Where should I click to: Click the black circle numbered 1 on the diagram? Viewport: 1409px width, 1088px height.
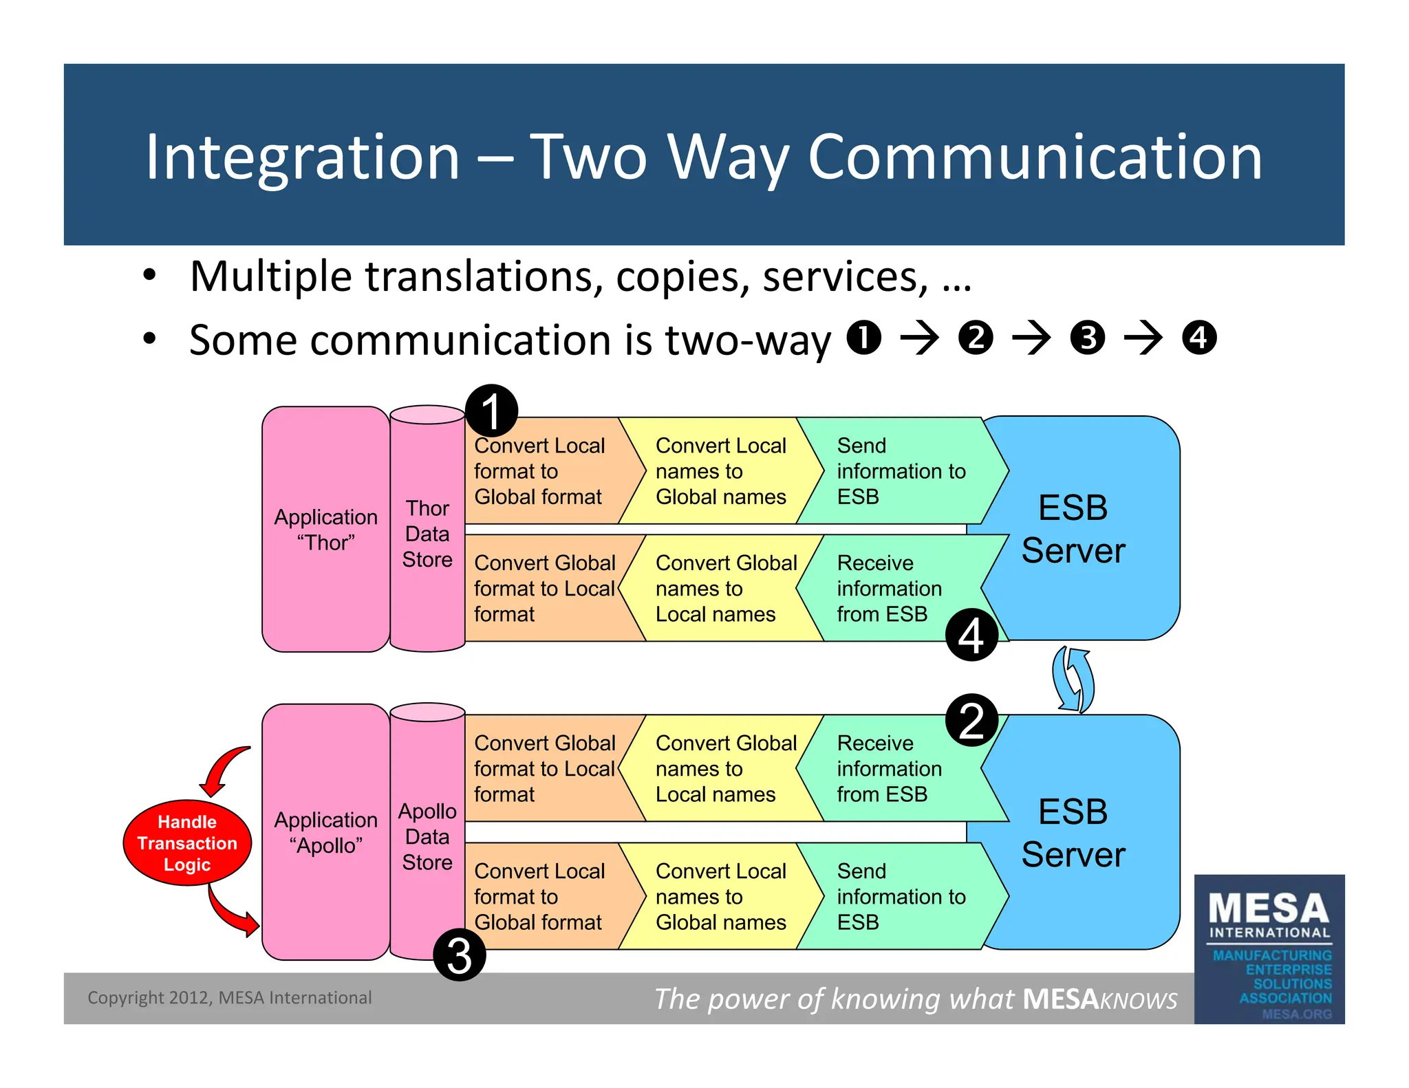click(491, 411)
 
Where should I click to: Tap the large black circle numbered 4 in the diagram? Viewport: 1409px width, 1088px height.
click(971, 635)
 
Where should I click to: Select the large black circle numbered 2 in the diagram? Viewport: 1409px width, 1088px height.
click(971, 720)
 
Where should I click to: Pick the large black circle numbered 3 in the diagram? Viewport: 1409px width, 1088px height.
click(460, 955)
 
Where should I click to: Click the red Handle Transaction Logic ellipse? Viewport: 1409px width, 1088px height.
click(187, 842)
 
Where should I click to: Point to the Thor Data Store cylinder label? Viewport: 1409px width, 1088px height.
click(427, 534)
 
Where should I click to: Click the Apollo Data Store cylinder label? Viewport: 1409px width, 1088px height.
click(427, 836)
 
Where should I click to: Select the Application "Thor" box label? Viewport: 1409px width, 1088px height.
click(325, 530)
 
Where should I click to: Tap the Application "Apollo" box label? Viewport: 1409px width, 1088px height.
click(325, 832)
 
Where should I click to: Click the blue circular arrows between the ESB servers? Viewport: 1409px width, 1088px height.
click(1073, 679)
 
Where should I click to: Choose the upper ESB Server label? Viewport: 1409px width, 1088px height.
click(1073, 529)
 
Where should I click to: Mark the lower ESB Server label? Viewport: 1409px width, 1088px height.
click(1073, 833)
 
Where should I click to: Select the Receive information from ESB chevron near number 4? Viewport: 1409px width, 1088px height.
click(888, 589)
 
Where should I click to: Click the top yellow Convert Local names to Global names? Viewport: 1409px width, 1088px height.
click(720, 471)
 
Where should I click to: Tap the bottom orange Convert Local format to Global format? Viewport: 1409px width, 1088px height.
click(540, 896)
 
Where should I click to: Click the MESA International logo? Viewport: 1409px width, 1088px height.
click(1269, 949)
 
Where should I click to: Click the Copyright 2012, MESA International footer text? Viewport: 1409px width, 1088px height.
click(229, 998)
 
